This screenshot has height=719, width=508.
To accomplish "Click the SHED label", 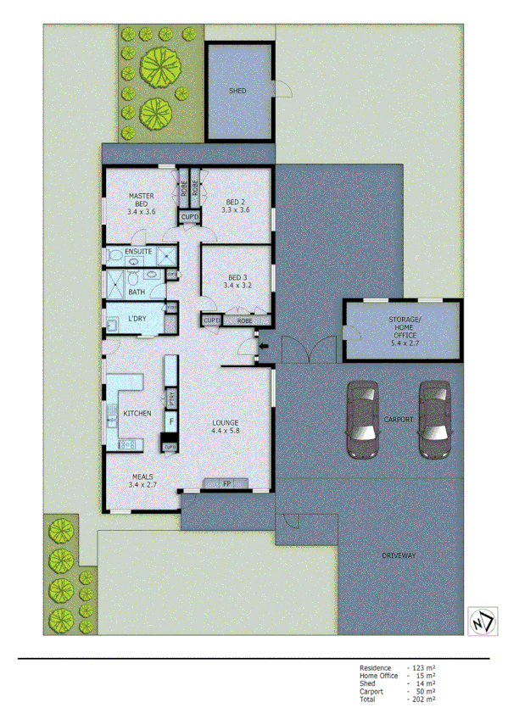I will (x=237, y=90).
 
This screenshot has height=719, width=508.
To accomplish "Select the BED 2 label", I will (x=235, y=205).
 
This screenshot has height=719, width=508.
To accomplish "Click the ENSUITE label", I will (x=138, y=253).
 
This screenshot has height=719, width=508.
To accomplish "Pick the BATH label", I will (x=136, y=293).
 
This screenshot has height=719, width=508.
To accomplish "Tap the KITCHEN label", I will (x=137, y=413).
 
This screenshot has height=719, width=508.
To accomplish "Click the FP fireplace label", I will (x=226, y=484).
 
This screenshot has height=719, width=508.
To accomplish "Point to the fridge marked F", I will (x=170, y=421).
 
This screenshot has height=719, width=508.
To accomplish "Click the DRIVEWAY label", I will (x=399, y=555).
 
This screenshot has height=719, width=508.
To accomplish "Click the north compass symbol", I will (x=481, y=620).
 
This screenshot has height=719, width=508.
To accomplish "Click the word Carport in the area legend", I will (x=371, y=691).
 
